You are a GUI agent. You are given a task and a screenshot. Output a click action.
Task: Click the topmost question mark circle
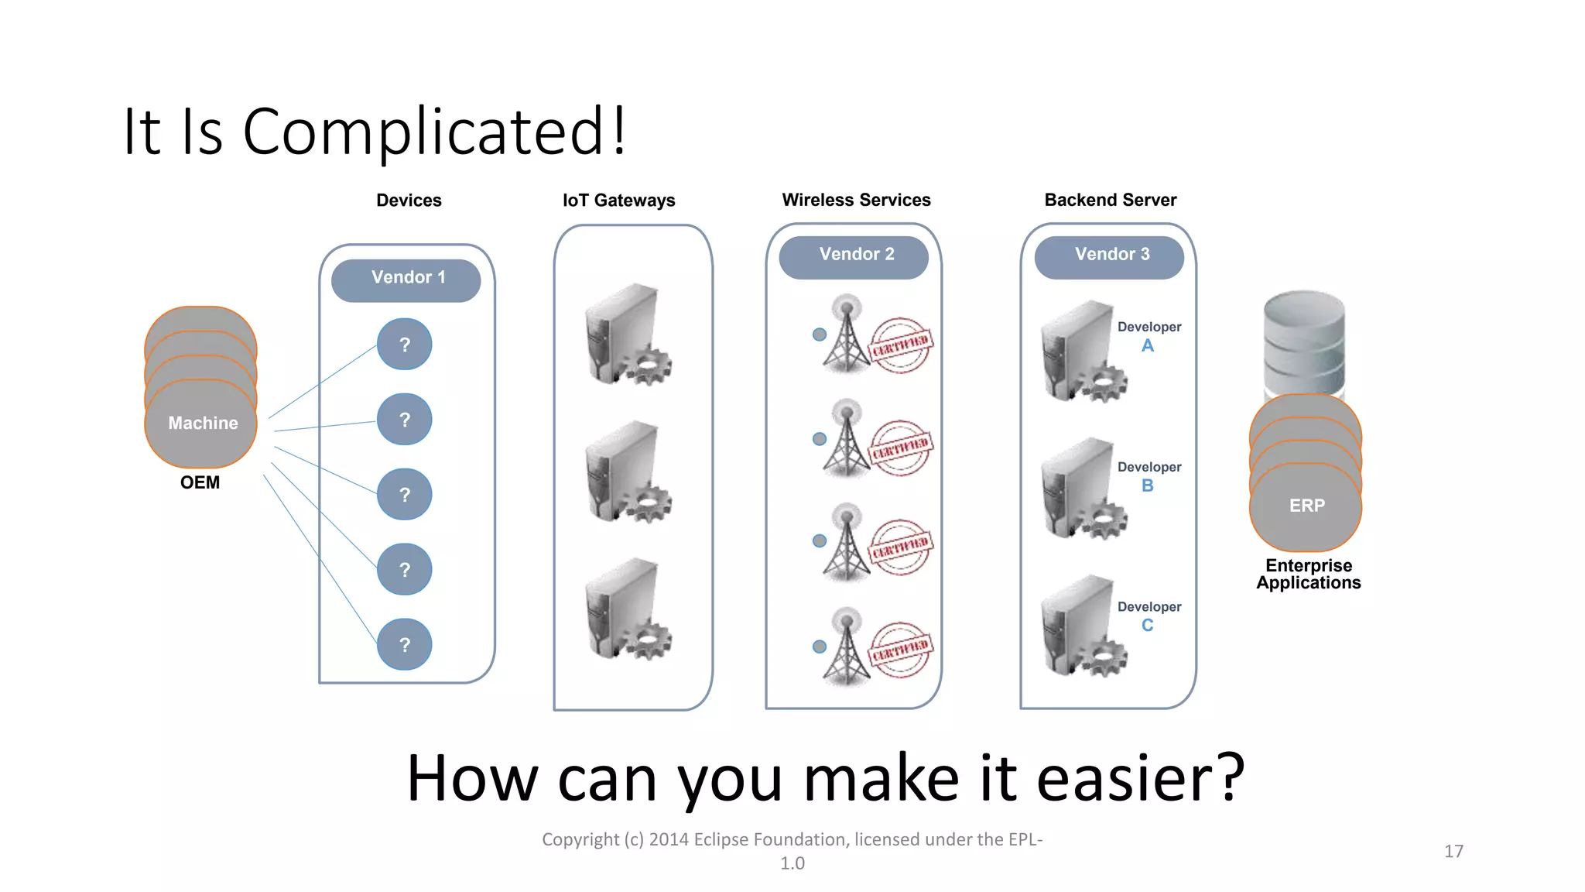tap(404, 345)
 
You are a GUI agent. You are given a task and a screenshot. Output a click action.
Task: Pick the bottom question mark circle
tap(404, 644)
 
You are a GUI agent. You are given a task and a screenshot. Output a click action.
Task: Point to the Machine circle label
tap(202, 424)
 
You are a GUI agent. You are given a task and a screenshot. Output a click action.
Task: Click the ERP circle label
tap(1306, 506)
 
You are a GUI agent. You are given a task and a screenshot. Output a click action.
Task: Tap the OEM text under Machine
tap(200, 482)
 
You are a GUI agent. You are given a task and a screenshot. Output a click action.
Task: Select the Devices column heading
tap(409, 201)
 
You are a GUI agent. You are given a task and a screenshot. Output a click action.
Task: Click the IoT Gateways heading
tap(618, 201)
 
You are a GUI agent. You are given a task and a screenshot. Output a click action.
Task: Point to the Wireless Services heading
tap(856, 200)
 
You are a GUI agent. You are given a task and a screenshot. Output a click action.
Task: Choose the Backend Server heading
tap(1110, 200)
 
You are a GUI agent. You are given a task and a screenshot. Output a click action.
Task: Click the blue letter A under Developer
tap(1147, 346)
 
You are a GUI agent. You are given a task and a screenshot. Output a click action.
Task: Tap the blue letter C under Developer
tap(1147, 626)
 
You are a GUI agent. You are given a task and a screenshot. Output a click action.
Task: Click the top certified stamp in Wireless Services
tap(900, 345)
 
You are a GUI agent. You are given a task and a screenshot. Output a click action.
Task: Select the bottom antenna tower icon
tap(847, 647)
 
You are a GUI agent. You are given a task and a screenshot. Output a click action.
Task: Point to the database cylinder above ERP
tap(1304, 341)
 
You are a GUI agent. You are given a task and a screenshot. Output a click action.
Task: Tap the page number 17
tap(1453, 852)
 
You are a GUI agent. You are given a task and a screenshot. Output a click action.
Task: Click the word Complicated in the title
tap(423, 132)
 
